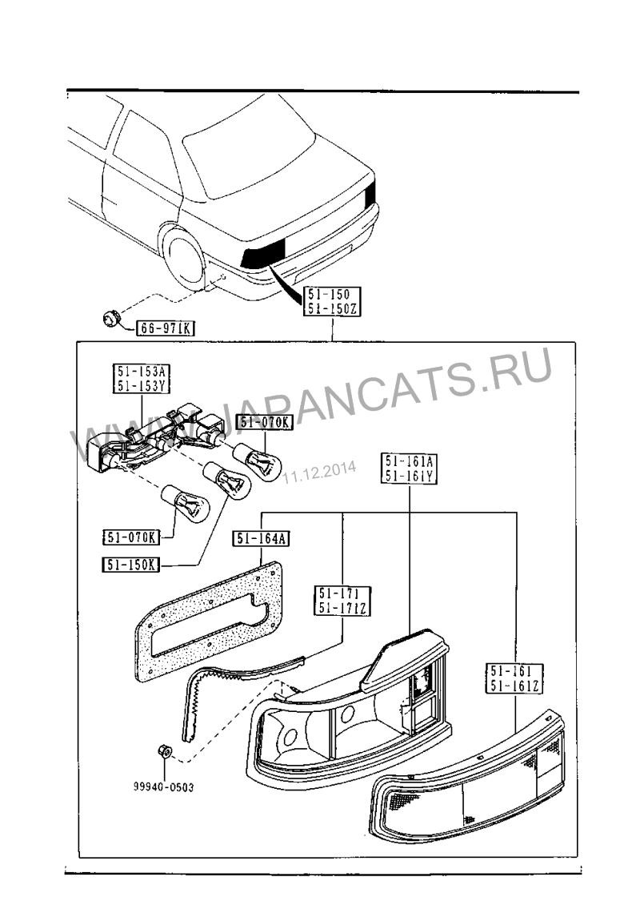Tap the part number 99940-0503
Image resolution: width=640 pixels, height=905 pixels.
pos(163,786)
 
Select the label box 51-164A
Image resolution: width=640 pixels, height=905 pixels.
pos(262,540)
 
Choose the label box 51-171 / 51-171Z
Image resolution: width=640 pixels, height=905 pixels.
pos(342,601)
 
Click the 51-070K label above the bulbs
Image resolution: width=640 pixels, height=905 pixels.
pos(266,423)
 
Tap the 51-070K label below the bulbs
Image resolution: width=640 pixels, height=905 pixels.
pos(130,536)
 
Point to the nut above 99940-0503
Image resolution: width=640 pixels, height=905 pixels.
pos(162,753)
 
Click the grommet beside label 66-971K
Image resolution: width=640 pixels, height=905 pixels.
pos(111,319)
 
